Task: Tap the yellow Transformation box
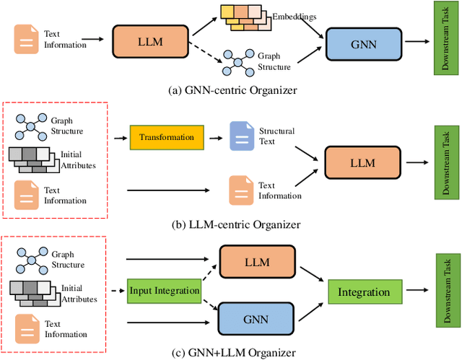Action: [x=167, y=137]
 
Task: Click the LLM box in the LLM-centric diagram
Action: [x=362, y=162]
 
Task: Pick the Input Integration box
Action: [x=164, y=291]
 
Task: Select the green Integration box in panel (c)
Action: [x=364, y=292]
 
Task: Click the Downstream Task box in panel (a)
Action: [x=441, y=38]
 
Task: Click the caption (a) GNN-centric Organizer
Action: [x=230, y=90]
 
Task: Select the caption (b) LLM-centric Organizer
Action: [x=230, y=224]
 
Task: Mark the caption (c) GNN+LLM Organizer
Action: [x=230, y=352]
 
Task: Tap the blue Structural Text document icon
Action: [x=239, y=135]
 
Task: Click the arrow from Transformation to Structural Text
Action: [x=214, y=136]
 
